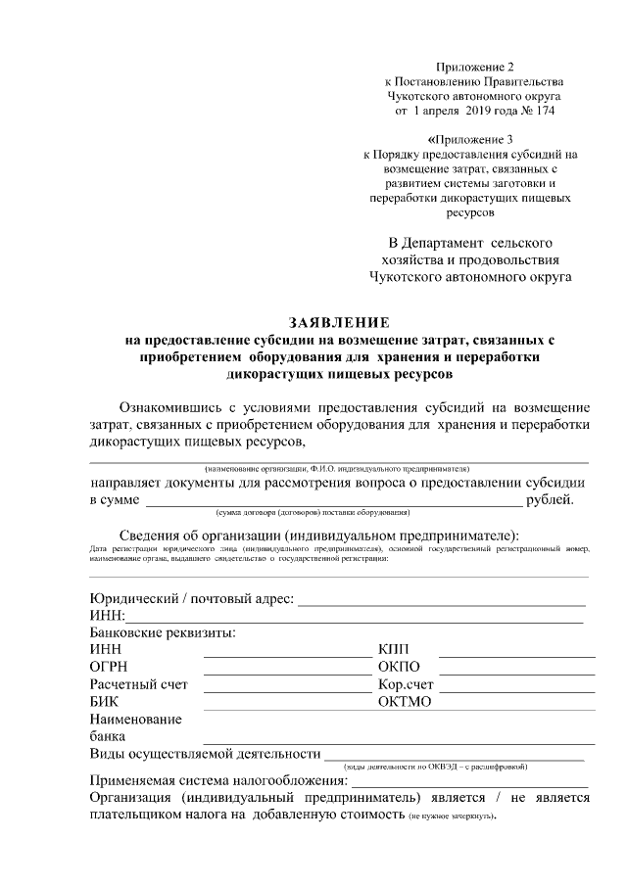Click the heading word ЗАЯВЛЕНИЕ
(338, 322)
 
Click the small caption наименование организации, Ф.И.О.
(338, 469)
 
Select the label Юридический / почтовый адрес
(191, 599)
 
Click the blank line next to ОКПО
(516, 673)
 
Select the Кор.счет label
(405, 684)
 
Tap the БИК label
(104, 702)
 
